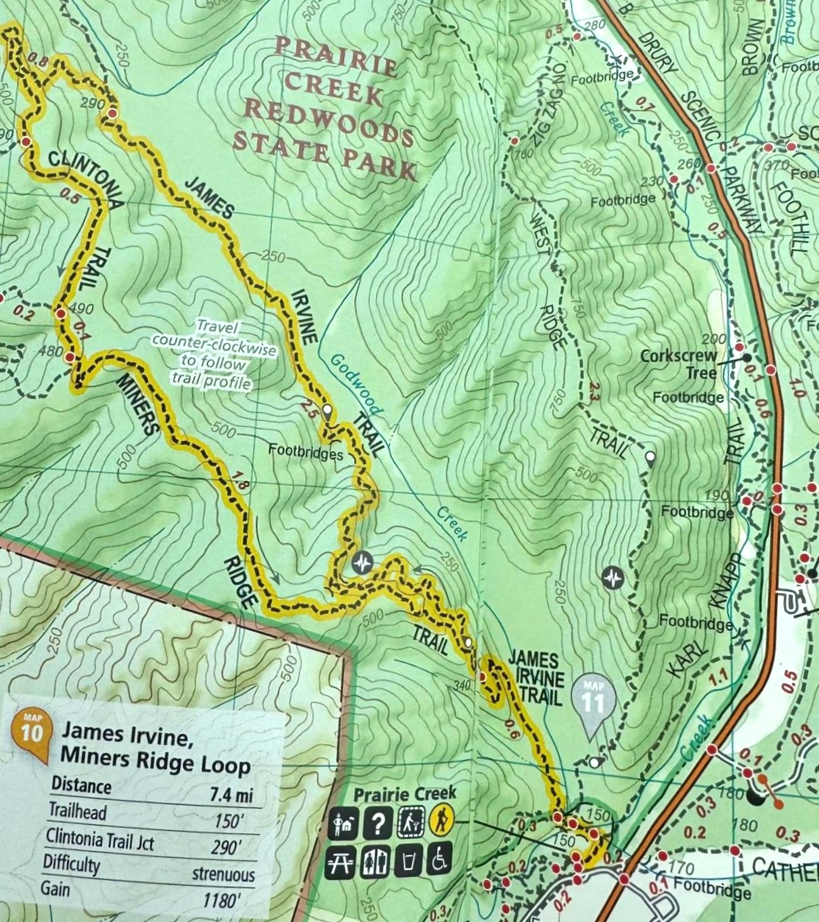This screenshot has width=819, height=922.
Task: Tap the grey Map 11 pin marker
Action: coord(593,702)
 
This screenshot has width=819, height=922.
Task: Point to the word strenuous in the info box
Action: coord(223,874)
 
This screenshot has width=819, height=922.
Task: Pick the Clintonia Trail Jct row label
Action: coord(100,838)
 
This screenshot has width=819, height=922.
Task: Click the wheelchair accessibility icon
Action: coord(439,860)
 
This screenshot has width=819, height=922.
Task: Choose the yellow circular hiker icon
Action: coord(441,820)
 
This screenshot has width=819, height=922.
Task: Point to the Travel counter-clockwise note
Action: coord(213,356)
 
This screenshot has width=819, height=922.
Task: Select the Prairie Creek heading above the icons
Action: coord(404,794)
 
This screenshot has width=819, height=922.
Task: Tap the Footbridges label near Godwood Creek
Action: coord(306,453)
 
